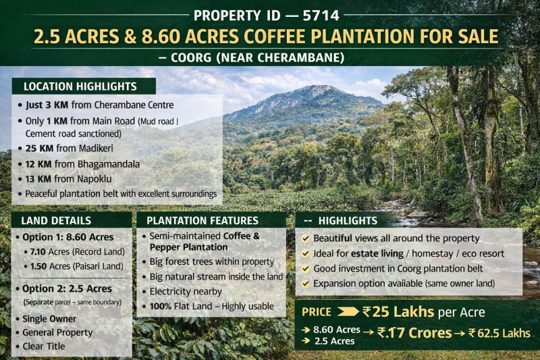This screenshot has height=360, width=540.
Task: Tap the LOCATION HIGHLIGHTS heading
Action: pos(80,86)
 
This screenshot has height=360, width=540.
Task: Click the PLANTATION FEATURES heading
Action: pos(202,221)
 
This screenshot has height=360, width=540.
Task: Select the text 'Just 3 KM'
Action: pos(48,105)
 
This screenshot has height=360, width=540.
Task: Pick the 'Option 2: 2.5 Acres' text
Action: pos(65,289)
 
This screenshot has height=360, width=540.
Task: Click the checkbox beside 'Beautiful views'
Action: pos(305,238)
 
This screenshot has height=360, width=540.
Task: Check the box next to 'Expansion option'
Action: pos(305,284)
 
